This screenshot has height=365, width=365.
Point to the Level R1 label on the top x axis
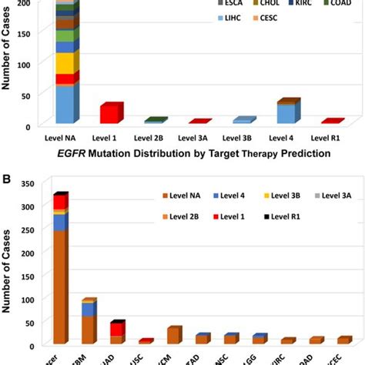(x=331, y=138)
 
